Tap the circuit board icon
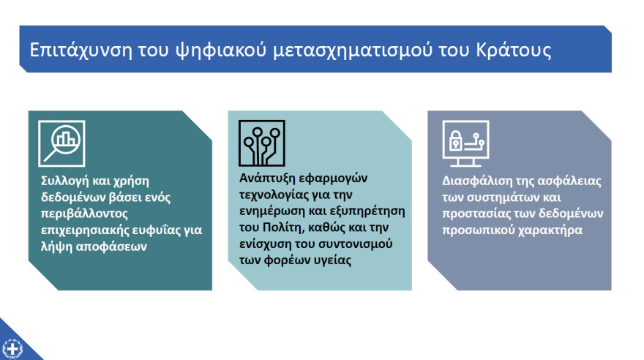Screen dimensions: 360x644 [261, 143]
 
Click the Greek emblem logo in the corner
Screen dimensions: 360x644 [12, 348]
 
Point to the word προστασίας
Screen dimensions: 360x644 [473, 214]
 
